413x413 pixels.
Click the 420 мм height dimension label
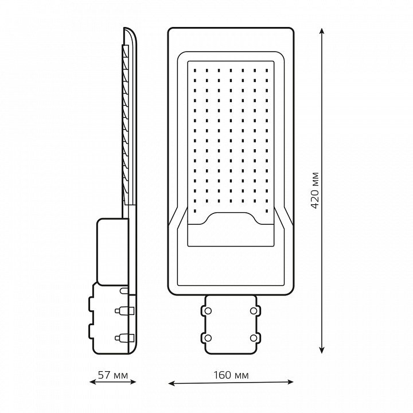click(315, 190)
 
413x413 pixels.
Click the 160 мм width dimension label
click(231, 375)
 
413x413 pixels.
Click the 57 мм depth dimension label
click(113, 375)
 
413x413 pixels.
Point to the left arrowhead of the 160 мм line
click(171, 383)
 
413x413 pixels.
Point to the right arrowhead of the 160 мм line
click(290, 382)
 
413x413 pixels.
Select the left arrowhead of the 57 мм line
click(93, 381)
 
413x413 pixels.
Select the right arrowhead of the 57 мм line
click(133, 381)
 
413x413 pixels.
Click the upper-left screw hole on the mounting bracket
click(208, 311)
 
